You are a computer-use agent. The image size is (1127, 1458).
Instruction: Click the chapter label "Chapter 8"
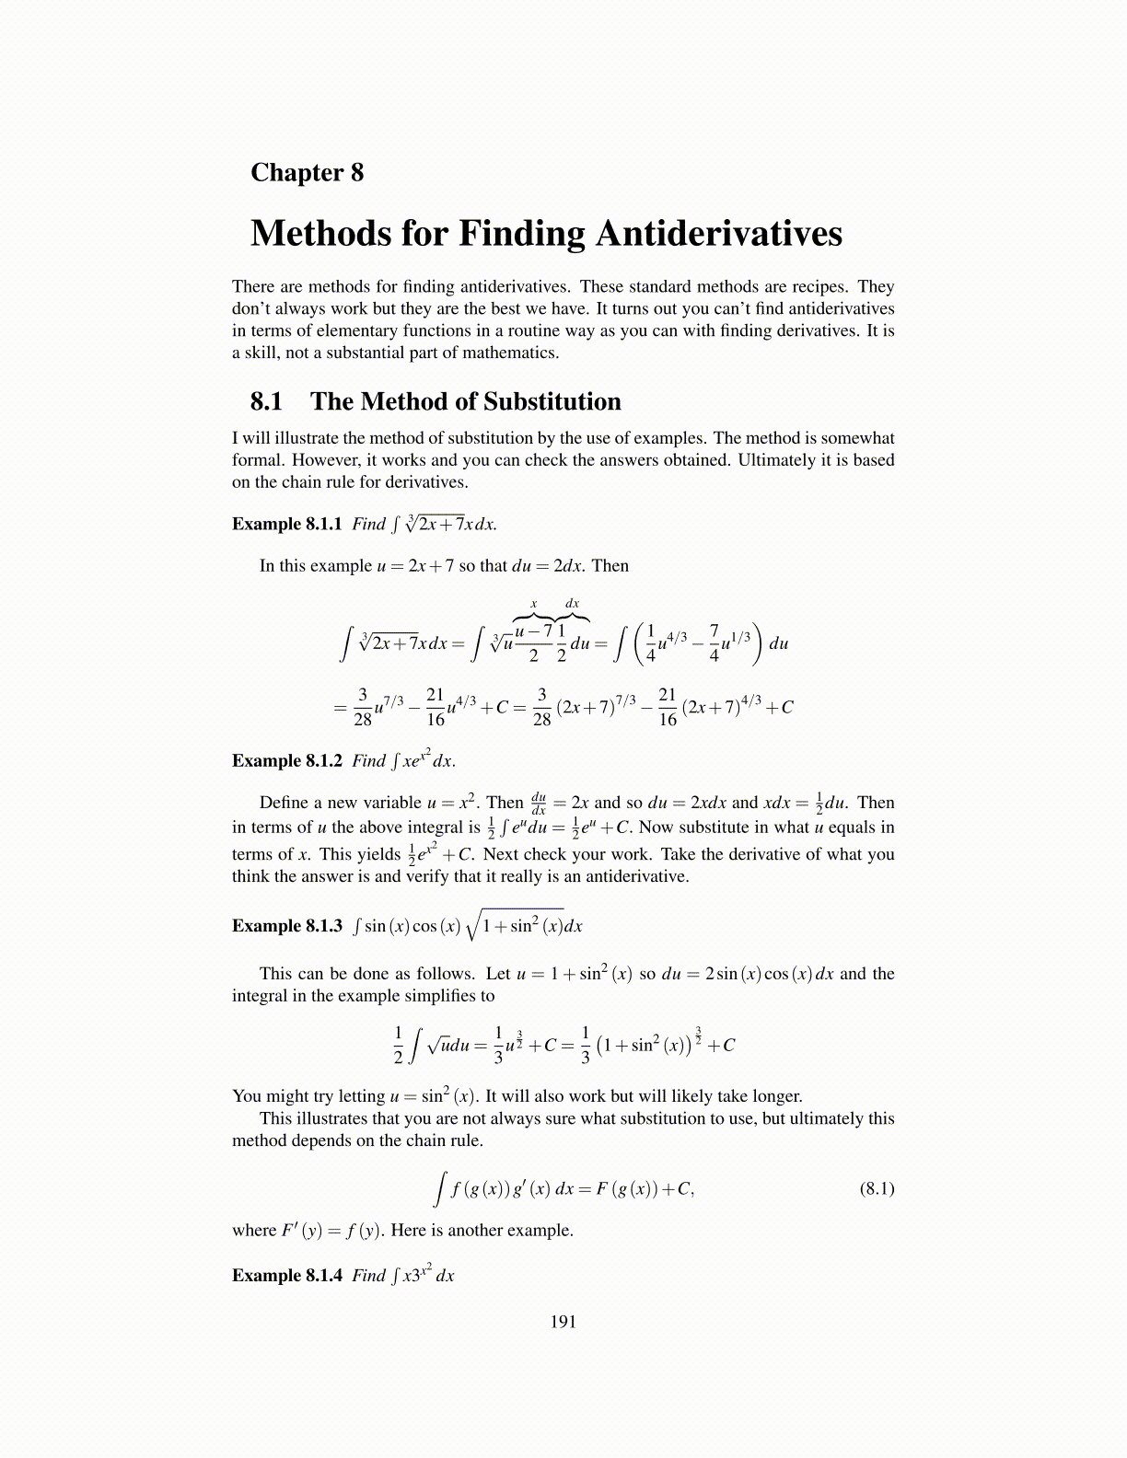pyautogui.click(x=307, y=172)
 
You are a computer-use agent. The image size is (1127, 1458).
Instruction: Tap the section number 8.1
pyautogui.click(x=266, y=401)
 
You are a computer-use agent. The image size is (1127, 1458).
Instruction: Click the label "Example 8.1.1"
pyautogui.click(x=286, y=524)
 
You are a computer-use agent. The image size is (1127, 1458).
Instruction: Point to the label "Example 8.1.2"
pyautogui.click(x=286, y=760)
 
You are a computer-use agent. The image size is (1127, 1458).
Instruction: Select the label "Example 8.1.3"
pyautogui.click(x=286, y=926)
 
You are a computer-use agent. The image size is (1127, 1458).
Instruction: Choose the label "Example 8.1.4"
pyautogui.click(x=286, y=1275)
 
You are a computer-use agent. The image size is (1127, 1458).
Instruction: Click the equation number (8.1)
pyautogui.click(x=877, y=1188)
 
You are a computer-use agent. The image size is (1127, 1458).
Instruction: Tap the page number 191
pyautogui.click(x=563, y=1322)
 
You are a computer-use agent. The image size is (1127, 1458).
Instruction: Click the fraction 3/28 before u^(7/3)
pyautogui.click(x=363, y=707)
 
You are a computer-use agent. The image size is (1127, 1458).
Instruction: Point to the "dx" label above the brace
pyautogui.click(x=572, y=604)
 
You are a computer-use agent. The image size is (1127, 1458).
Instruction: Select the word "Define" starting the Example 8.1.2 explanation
pyautogui.click(x=285, y=803)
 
